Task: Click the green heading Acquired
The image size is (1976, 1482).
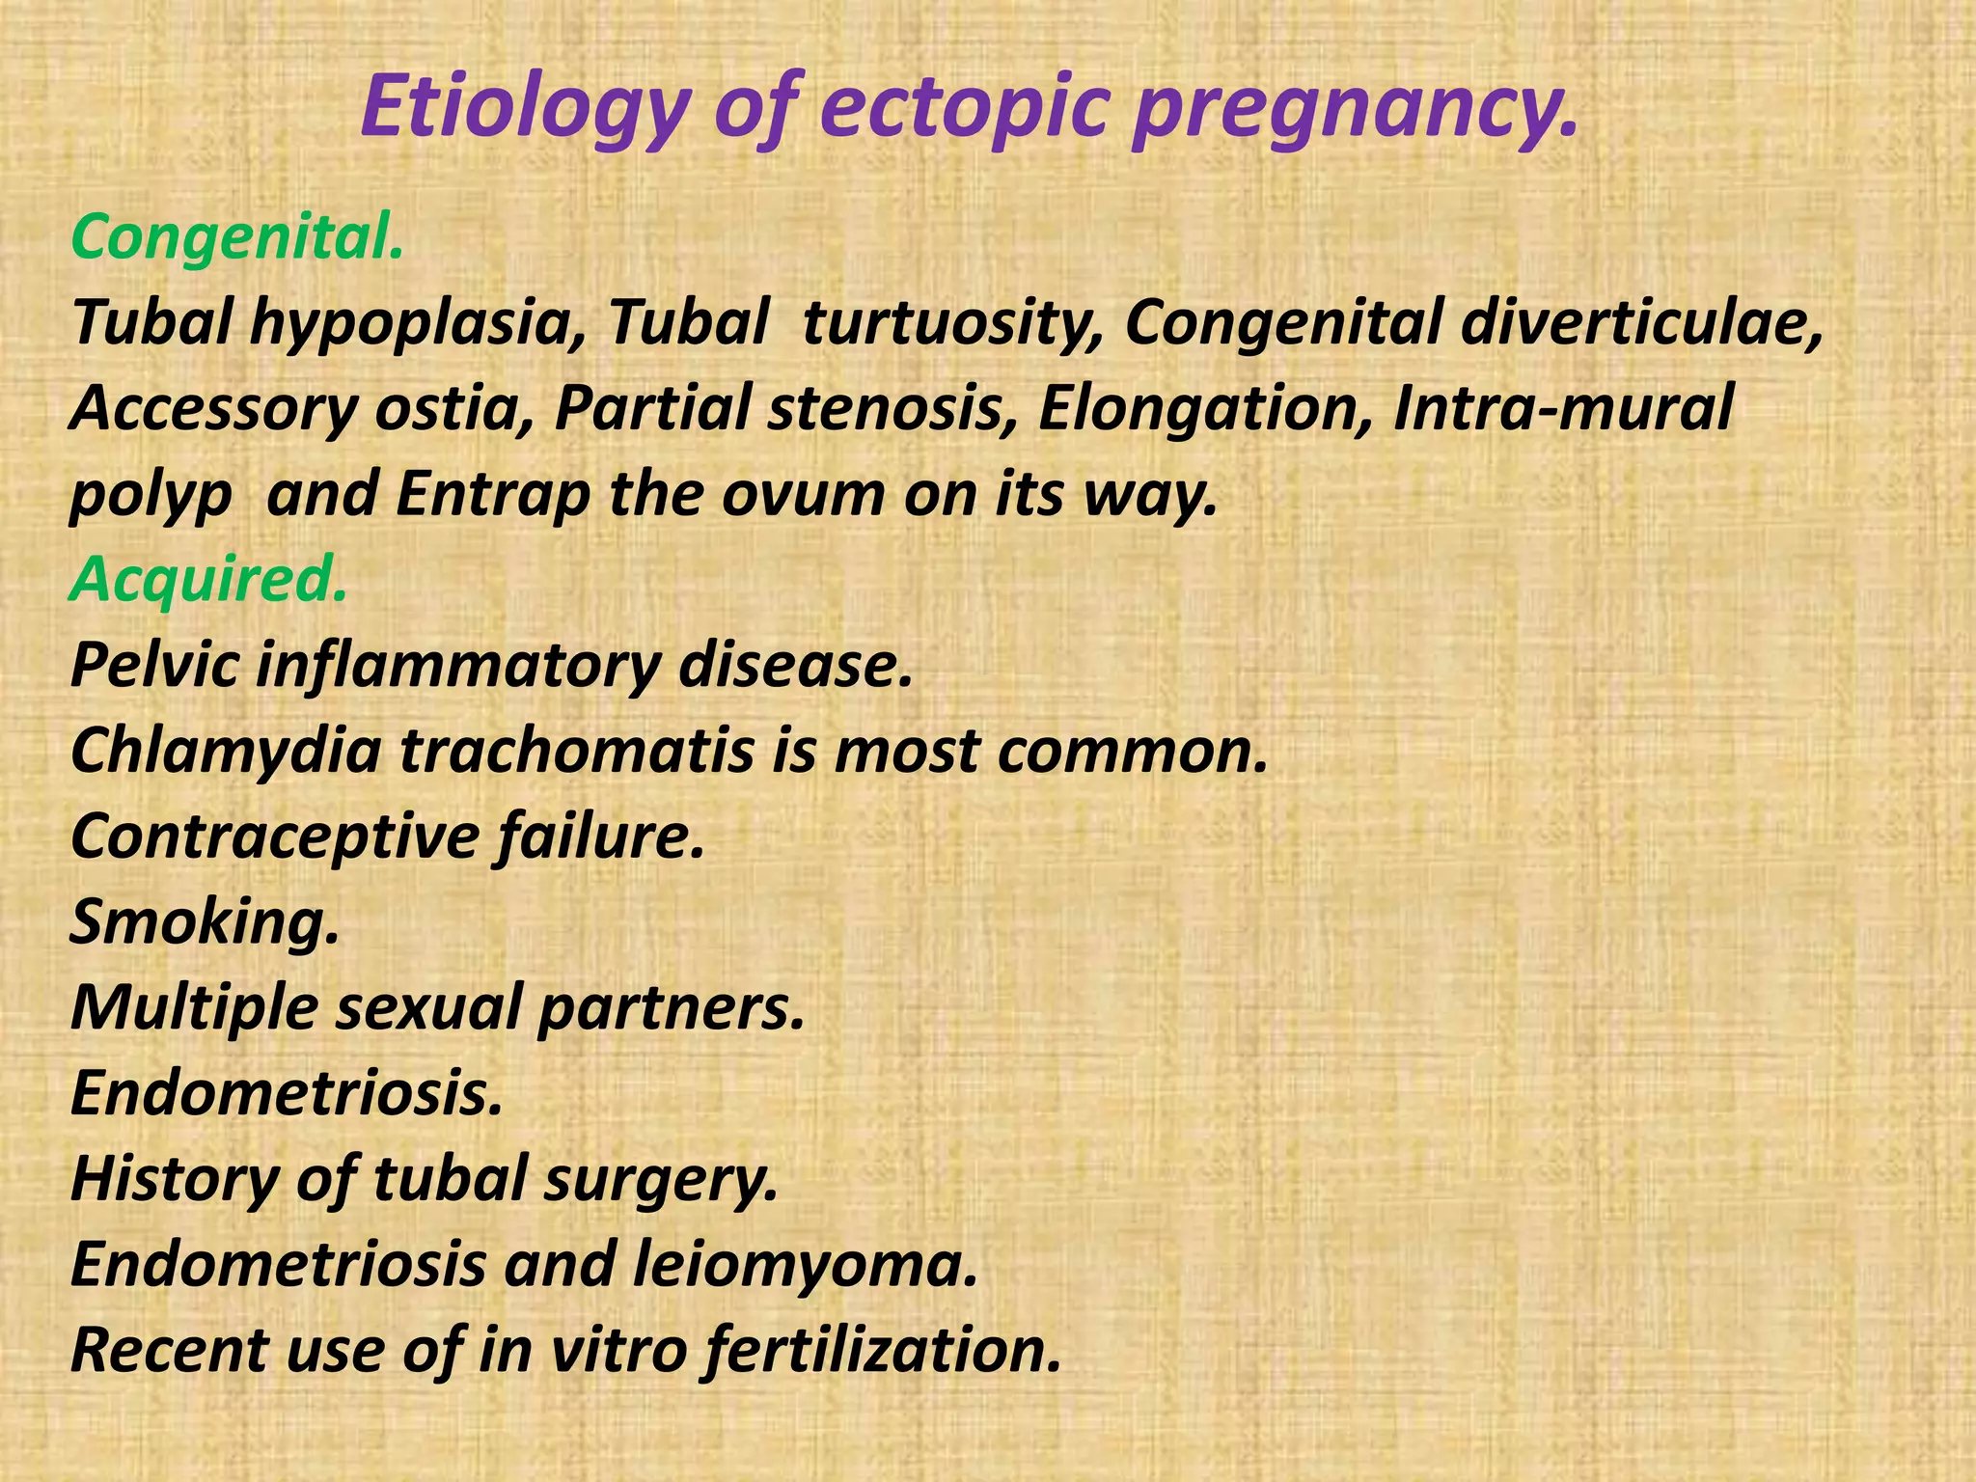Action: click(207, 579)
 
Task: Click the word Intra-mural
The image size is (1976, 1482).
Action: click(1563, 408)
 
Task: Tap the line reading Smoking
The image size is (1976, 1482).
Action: click(206, 921)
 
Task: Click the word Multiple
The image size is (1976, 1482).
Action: click(194, 1006)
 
